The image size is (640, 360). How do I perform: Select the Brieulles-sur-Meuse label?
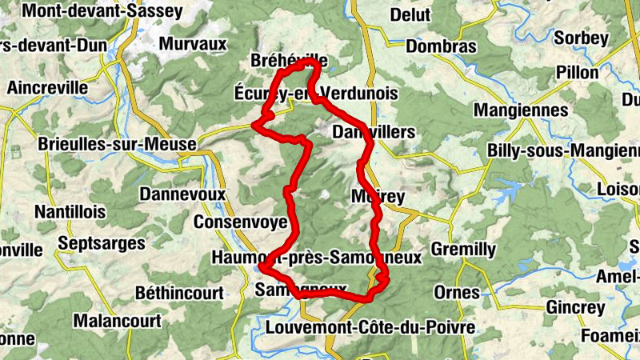coord(117,145)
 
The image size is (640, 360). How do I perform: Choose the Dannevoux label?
coord(183,194)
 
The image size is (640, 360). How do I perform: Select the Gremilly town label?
coord(463,250)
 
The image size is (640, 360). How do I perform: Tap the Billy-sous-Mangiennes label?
coord(564,150)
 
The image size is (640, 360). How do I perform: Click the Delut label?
coord(410,14)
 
